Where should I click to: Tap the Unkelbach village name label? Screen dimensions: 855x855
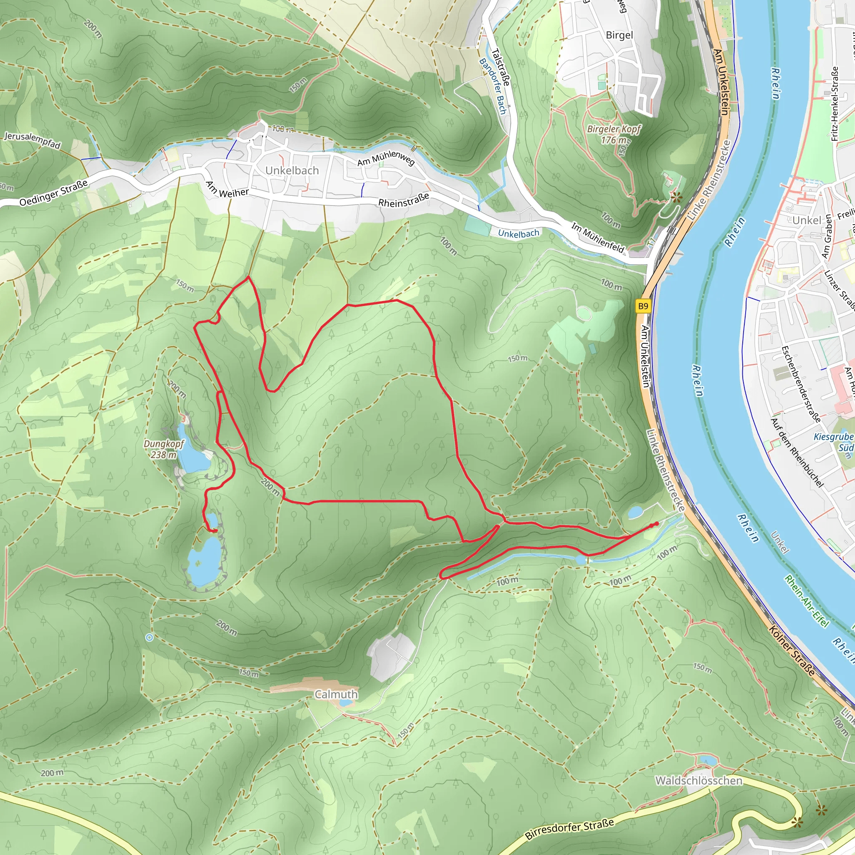click(292, 170)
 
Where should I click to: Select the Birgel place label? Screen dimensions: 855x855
click(619, 35)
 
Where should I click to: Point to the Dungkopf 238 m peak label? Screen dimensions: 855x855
click(163, 449)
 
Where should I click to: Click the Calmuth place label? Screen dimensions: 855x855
click(336, 694)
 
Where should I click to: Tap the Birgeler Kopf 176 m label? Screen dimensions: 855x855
click(614, 134)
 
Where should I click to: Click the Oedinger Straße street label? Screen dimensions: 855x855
click(53, 193)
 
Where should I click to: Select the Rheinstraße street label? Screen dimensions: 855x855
click(404, 200)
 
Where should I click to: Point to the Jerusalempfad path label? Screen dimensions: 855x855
click(32, 140)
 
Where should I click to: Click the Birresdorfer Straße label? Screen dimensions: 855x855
click(569, 829)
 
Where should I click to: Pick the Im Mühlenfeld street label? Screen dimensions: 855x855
click(597, 238)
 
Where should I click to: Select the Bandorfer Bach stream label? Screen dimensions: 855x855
click(493, 86)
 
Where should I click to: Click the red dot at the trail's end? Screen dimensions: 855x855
click(656, 524)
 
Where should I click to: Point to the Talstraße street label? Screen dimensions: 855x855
click(501, 67)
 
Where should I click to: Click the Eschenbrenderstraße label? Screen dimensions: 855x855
click(801, 384)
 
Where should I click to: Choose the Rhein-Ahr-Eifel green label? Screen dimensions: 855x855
click(806, 600)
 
